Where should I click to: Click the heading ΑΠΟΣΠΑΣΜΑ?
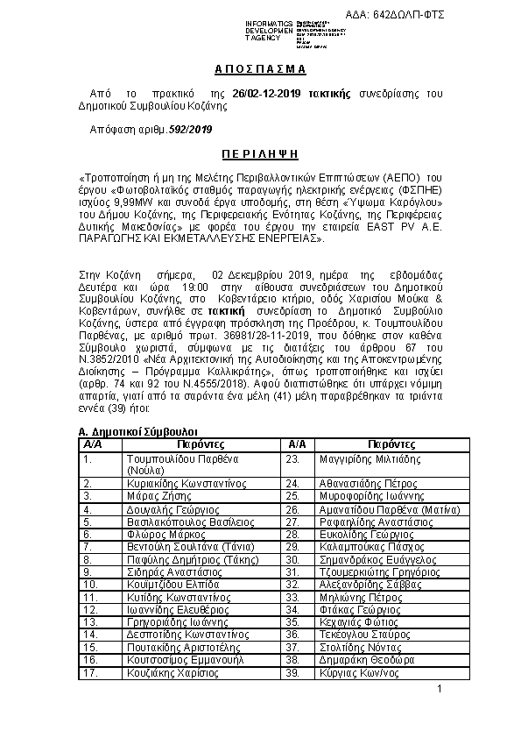click(260, 68)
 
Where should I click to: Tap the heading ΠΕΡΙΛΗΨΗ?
click(260, 152)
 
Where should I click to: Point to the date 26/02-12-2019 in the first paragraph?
click(265, 92)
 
